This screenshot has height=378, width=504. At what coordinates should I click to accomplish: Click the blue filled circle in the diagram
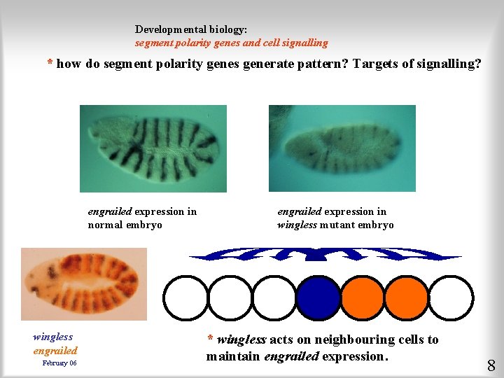tap(318, 297)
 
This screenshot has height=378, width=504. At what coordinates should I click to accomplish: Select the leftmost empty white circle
tap(185, 297)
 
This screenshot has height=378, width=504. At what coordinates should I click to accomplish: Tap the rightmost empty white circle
tap(451, 297)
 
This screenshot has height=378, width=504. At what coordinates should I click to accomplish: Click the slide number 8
tap(491, 365)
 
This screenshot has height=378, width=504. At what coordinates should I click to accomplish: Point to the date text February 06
tap(59, 363)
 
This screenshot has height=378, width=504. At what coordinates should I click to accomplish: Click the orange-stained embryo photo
tap(84, 284)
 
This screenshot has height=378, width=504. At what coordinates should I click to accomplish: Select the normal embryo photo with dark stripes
tap(153, 148)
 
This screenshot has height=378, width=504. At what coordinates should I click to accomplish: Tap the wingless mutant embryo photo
tap(342, 148)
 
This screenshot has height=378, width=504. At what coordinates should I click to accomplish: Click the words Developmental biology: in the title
tap(191, 30)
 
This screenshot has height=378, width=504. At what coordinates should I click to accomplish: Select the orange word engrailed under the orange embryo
tap(55, 351)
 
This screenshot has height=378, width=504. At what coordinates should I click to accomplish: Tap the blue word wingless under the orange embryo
tap(52, 337)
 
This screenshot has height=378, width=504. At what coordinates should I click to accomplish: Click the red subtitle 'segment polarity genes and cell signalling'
tap(231, 43)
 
